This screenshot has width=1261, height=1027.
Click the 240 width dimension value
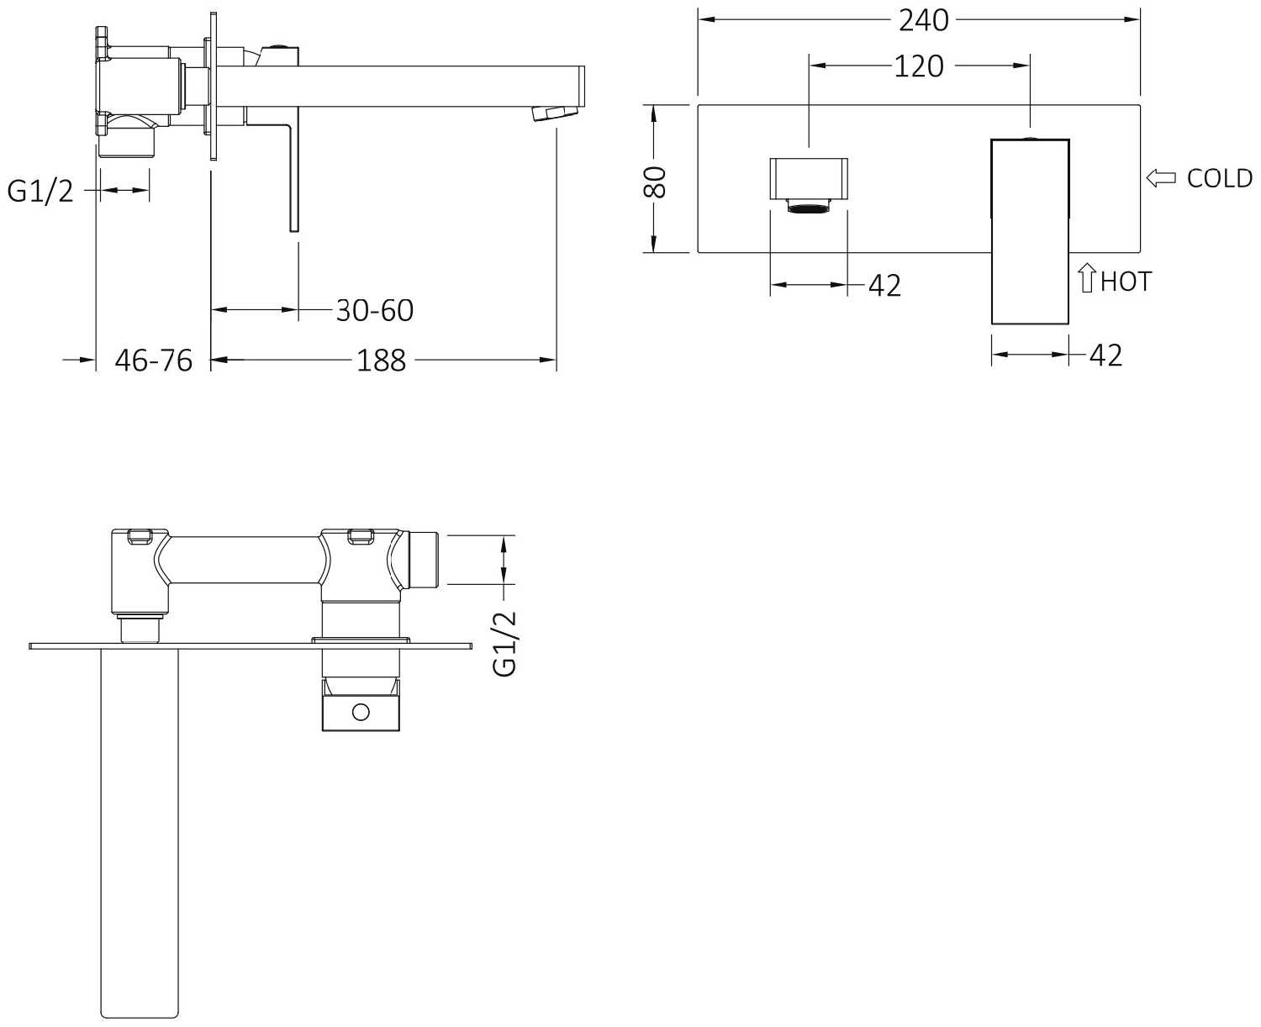click(923, 21)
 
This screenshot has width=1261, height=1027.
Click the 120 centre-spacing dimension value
click(918, 66)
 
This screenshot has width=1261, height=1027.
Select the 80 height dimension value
click(656, 182)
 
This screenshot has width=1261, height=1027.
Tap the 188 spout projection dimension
click(382, 360)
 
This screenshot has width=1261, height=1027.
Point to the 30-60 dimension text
click(375, 310)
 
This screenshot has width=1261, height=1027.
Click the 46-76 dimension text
click(153, 360)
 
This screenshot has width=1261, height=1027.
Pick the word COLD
click(1220, 178)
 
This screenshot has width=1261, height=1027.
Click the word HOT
click(1126, 282)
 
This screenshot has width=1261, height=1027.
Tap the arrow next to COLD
click(1161, 178)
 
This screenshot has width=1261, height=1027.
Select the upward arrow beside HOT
click(1086, 278)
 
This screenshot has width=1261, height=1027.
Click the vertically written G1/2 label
click(504, 644)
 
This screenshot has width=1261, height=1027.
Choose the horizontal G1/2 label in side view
click(40, 191)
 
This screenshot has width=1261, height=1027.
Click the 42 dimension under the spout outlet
click(884, 285)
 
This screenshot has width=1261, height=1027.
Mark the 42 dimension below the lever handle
click(1105, 355)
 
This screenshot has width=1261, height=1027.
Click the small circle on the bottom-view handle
click(361, 712)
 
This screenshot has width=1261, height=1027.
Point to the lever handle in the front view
click(1030, 231)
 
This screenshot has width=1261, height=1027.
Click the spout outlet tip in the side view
click(557, 113)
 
